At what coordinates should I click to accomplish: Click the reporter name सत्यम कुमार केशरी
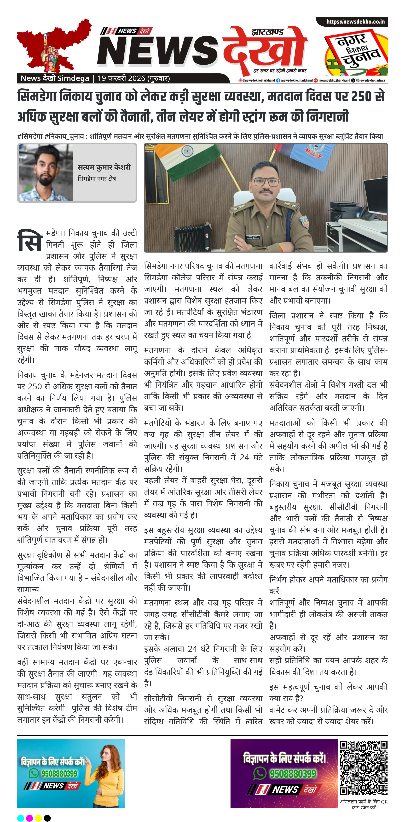pos(104,167)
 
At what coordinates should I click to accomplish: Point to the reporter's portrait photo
pos(46,173)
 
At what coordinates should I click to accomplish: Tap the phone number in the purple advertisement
pos(293,773)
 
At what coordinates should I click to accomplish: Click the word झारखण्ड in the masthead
pos(267,32)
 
